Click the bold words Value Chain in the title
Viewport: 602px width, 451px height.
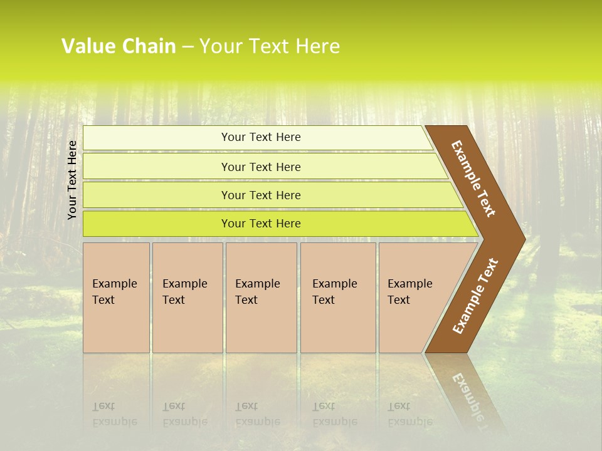119,46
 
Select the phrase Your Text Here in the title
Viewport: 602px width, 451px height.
270,46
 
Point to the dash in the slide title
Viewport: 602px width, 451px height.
187,47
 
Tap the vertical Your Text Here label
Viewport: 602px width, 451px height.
72,180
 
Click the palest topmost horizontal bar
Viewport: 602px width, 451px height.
260,137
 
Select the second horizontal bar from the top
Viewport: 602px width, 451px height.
260,167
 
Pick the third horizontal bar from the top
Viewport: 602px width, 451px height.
260,195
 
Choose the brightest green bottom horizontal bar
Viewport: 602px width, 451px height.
260,224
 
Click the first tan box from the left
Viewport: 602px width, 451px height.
116,298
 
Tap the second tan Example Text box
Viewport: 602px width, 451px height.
187,298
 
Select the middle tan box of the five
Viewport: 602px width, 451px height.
261,298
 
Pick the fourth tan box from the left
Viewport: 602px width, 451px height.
338,298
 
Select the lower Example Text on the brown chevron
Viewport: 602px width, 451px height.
475,296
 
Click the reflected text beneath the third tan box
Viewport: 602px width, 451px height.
257,414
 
